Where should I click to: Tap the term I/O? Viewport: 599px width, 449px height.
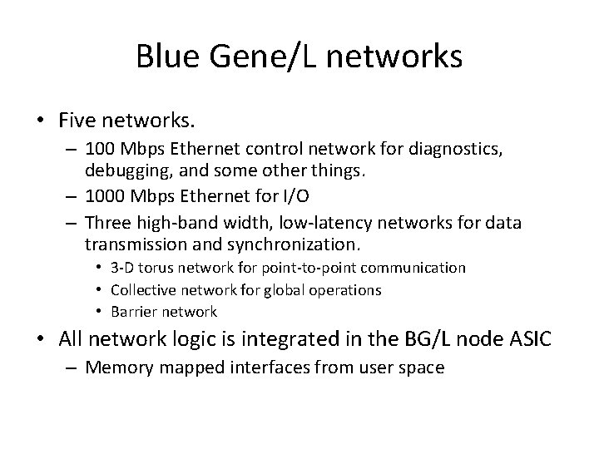(304, 198)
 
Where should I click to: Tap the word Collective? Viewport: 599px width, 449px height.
(147, 289)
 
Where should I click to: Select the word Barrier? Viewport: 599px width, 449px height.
(139, 312)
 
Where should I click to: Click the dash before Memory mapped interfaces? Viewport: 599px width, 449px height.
(72, 367)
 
